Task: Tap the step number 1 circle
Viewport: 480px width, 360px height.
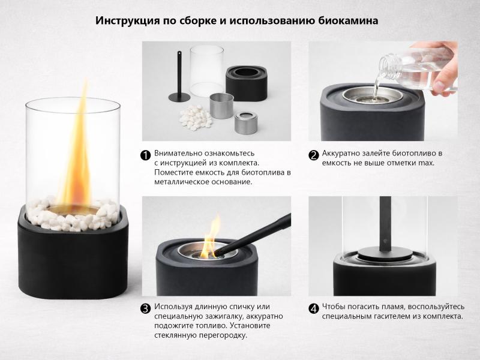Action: coord(146,155)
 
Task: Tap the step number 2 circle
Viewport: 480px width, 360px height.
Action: coord(313,155)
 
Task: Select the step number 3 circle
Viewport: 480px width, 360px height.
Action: coord(146,309)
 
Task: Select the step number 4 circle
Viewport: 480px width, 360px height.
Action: coord(313,309)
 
